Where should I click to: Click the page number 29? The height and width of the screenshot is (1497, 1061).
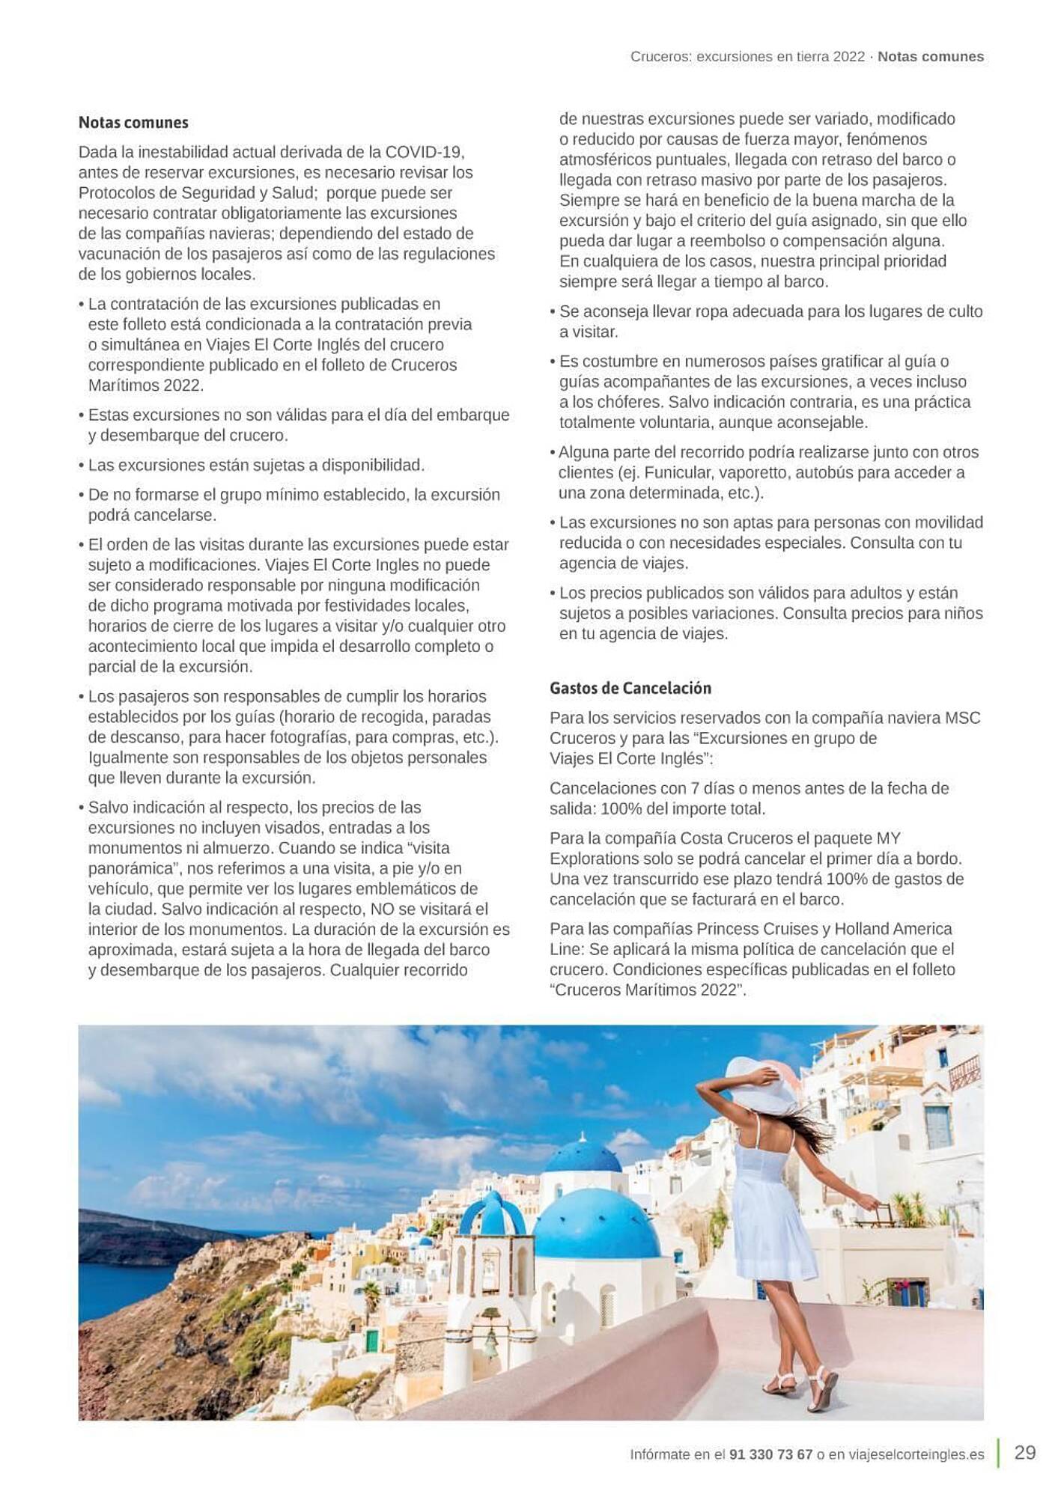click(x=1024, y=1453)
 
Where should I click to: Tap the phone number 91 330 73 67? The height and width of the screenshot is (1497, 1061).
click(x=770, y=1454)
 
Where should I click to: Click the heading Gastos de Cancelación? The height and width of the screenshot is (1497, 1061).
click(x=630, y=688)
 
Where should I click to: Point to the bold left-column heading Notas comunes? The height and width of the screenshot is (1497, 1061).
click(x=133, y=123)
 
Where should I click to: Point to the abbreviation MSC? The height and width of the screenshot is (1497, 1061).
click(x=962, y=718)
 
